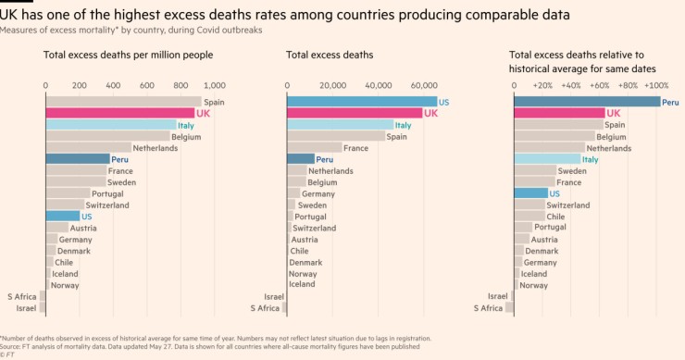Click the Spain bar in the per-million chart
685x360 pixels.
(122, 102)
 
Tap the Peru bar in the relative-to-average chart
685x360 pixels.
(586, 102)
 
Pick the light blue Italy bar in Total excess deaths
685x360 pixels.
(339, 125)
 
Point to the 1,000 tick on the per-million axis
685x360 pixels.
(214, 85)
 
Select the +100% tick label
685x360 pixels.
(655, 85)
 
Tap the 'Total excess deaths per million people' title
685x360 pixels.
(128, 56)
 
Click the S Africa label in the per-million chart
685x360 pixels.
(21, 296)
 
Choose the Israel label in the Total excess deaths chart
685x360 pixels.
(274, 296)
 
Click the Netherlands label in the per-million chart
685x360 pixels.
(156, 147)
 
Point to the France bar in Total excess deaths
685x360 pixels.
(314, 147)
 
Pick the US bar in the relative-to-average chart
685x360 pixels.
(530, 193)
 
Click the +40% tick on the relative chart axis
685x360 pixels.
(571, 85)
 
